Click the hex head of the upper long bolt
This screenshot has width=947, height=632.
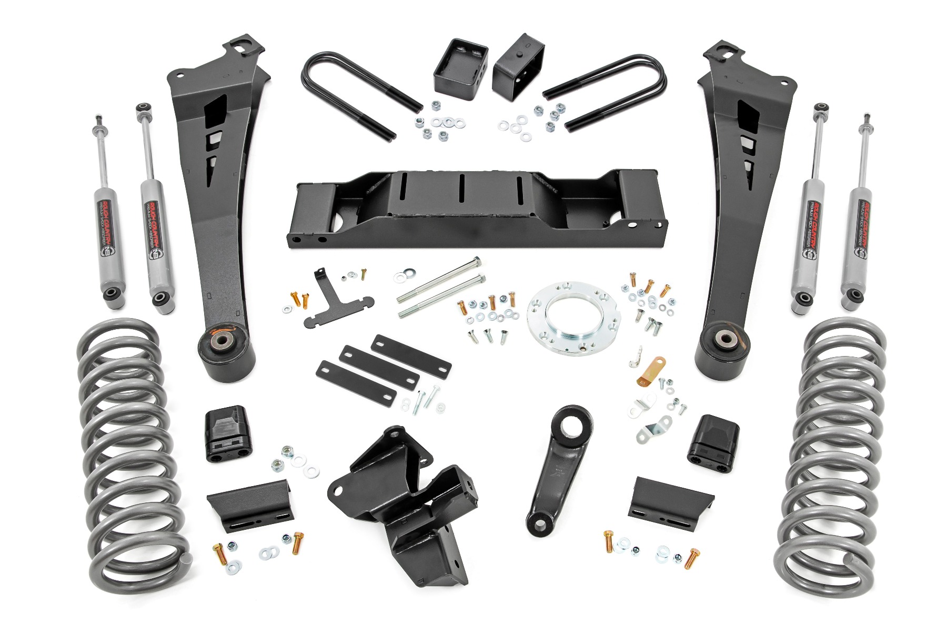477,262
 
